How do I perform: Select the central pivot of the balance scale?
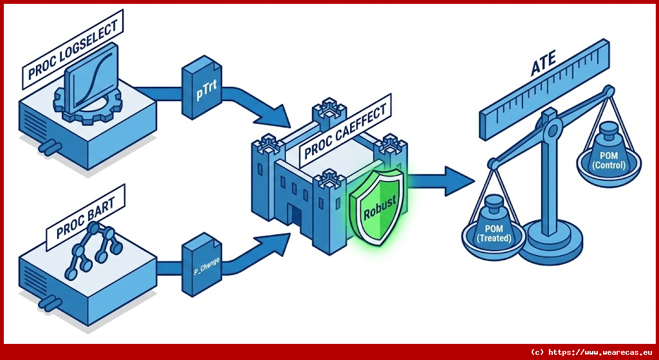(549, 133)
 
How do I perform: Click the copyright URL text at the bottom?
(591, 352)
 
